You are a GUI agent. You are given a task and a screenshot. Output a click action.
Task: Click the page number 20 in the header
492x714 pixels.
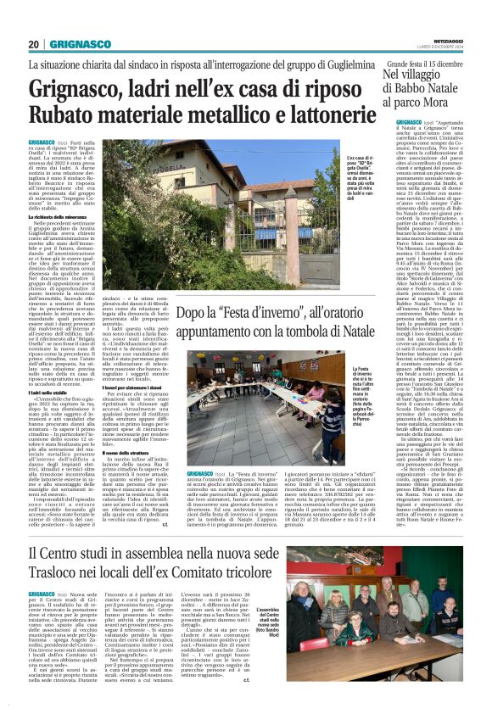(34, 44)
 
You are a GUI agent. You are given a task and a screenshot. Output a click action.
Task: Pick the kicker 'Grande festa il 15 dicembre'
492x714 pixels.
(431, 64)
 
